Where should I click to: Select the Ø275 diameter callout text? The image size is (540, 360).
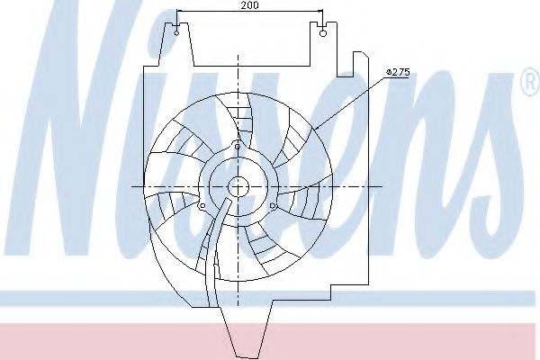click(397, 71)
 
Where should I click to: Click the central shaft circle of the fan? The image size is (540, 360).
click(238, 186)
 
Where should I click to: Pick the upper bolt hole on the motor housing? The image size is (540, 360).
click(237, 147)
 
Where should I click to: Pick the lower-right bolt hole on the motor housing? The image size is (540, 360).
click(273, 207)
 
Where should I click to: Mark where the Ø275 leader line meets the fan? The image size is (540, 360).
click(314, 131)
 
